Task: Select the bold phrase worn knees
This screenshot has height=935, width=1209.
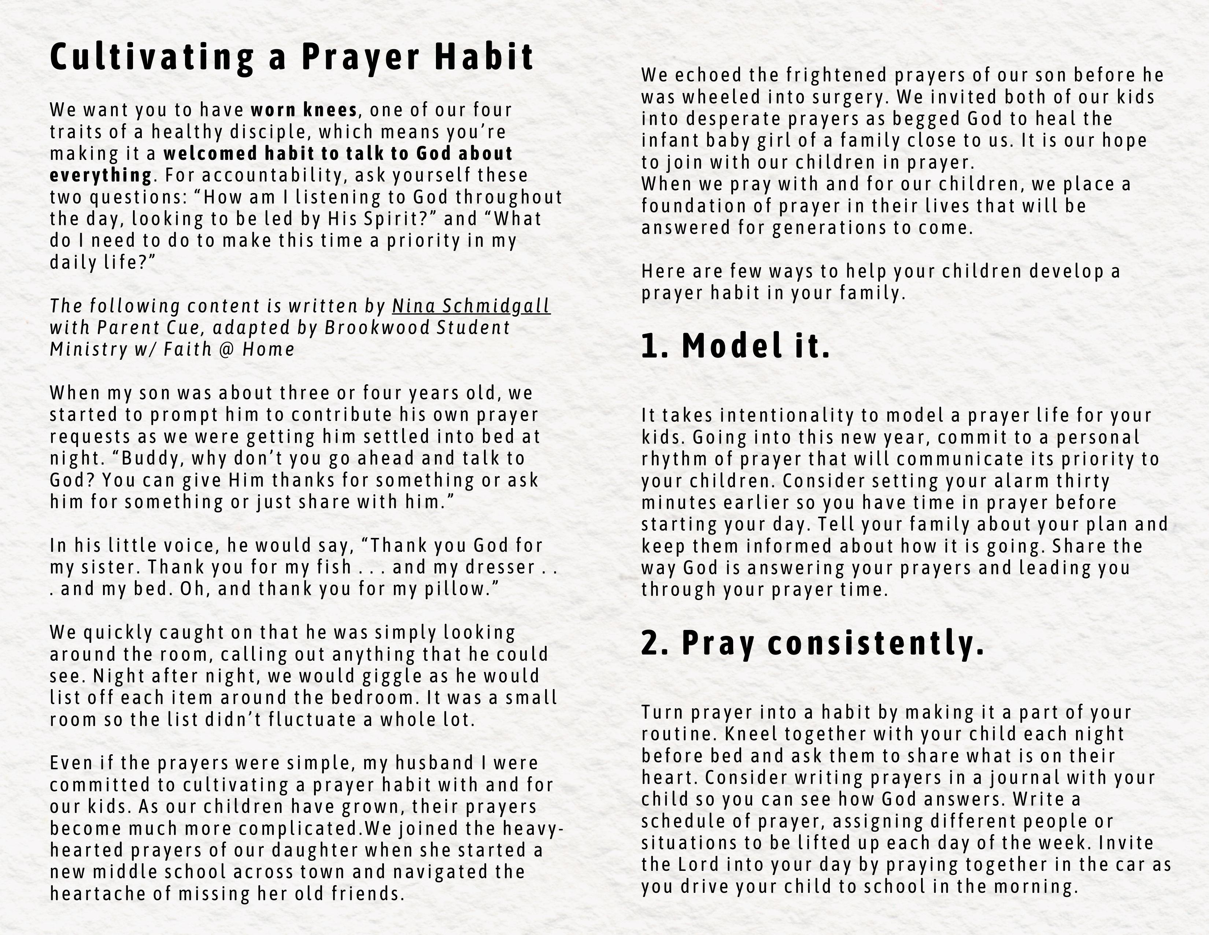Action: tap(304, 110)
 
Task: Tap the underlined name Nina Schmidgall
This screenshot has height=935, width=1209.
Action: tap(471, 306)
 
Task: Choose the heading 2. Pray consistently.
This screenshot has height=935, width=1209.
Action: tap(813, 643)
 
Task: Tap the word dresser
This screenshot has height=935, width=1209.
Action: tap(500, 567)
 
